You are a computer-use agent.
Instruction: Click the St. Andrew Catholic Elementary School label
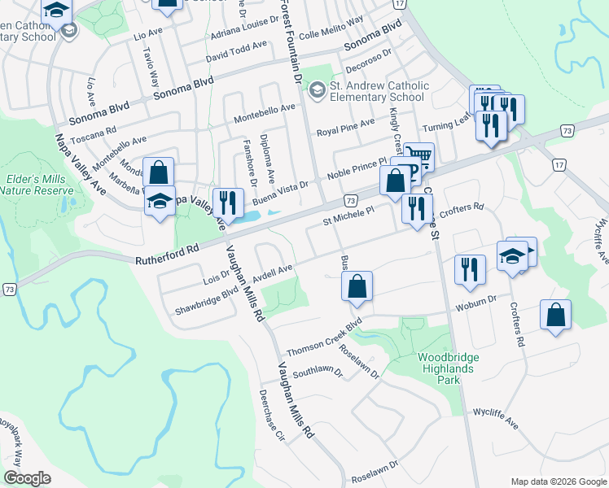[x=377, y=91]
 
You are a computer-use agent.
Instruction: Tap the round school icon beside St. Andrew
[x=318, y=91]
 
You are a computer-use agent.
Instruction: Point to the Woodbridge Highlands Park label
[x=448, y=368]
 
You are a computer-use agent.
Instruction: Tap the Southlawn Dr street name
[x=318, y=373]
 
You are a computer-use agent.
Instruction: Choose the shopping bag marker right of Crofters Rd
[x=555, y=314]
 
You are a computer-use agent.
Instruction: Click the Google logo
[x=27, y=478]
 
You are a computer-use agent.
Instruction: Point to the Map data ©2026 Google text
[x=558, y=481]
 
